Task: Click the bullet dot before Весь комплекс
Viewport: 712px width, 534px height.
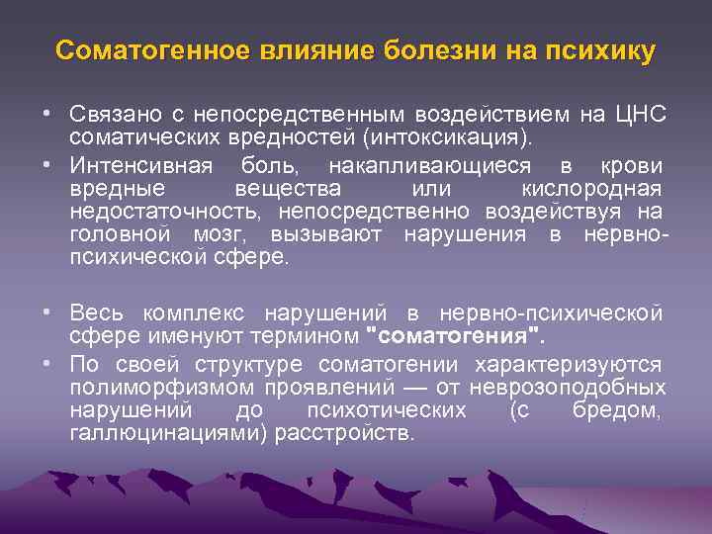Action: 47,312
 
